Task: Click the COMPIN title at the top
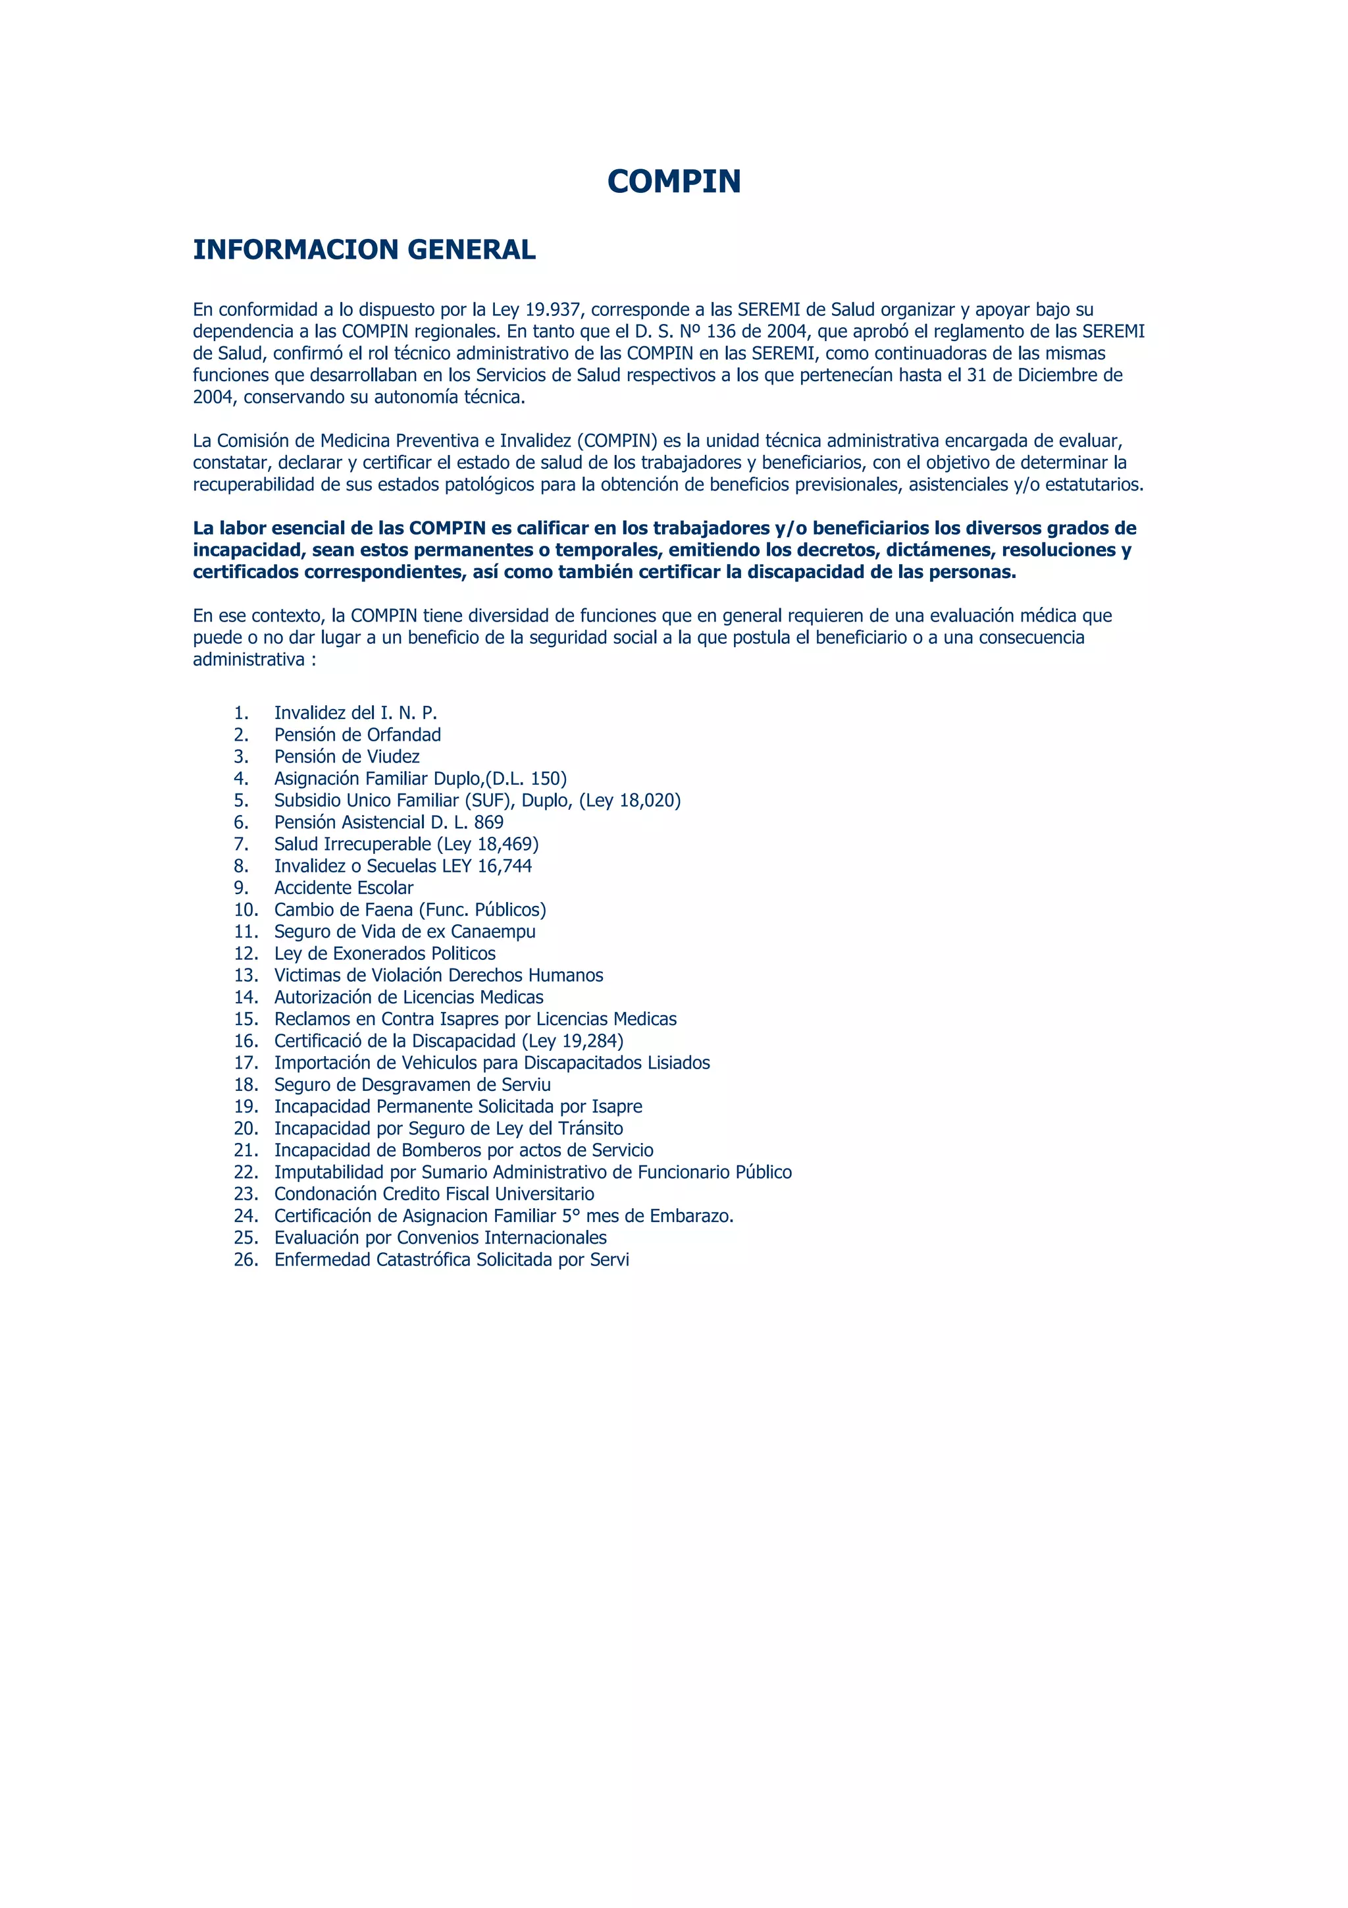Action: tap(673, 181)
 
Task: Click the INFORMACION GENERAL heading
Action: tap(364, 250)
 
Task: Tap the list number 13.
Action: tap(246, 976)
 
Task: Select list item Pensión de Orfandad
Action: tap(357, 735)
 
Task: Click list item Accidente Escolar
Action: tap(343, 888)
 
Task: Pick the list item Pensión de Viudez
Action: tap(346, 757)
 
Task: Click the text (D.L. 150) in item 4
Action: tap(526, 779)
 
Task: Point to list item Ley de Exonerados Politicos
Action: tap(384, 954)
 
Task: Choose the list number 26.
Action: tap(246, 1259)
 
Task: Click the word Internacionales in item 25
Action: tap(545, 1238)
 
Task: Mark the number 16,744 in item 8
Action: tap(504, 866)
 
